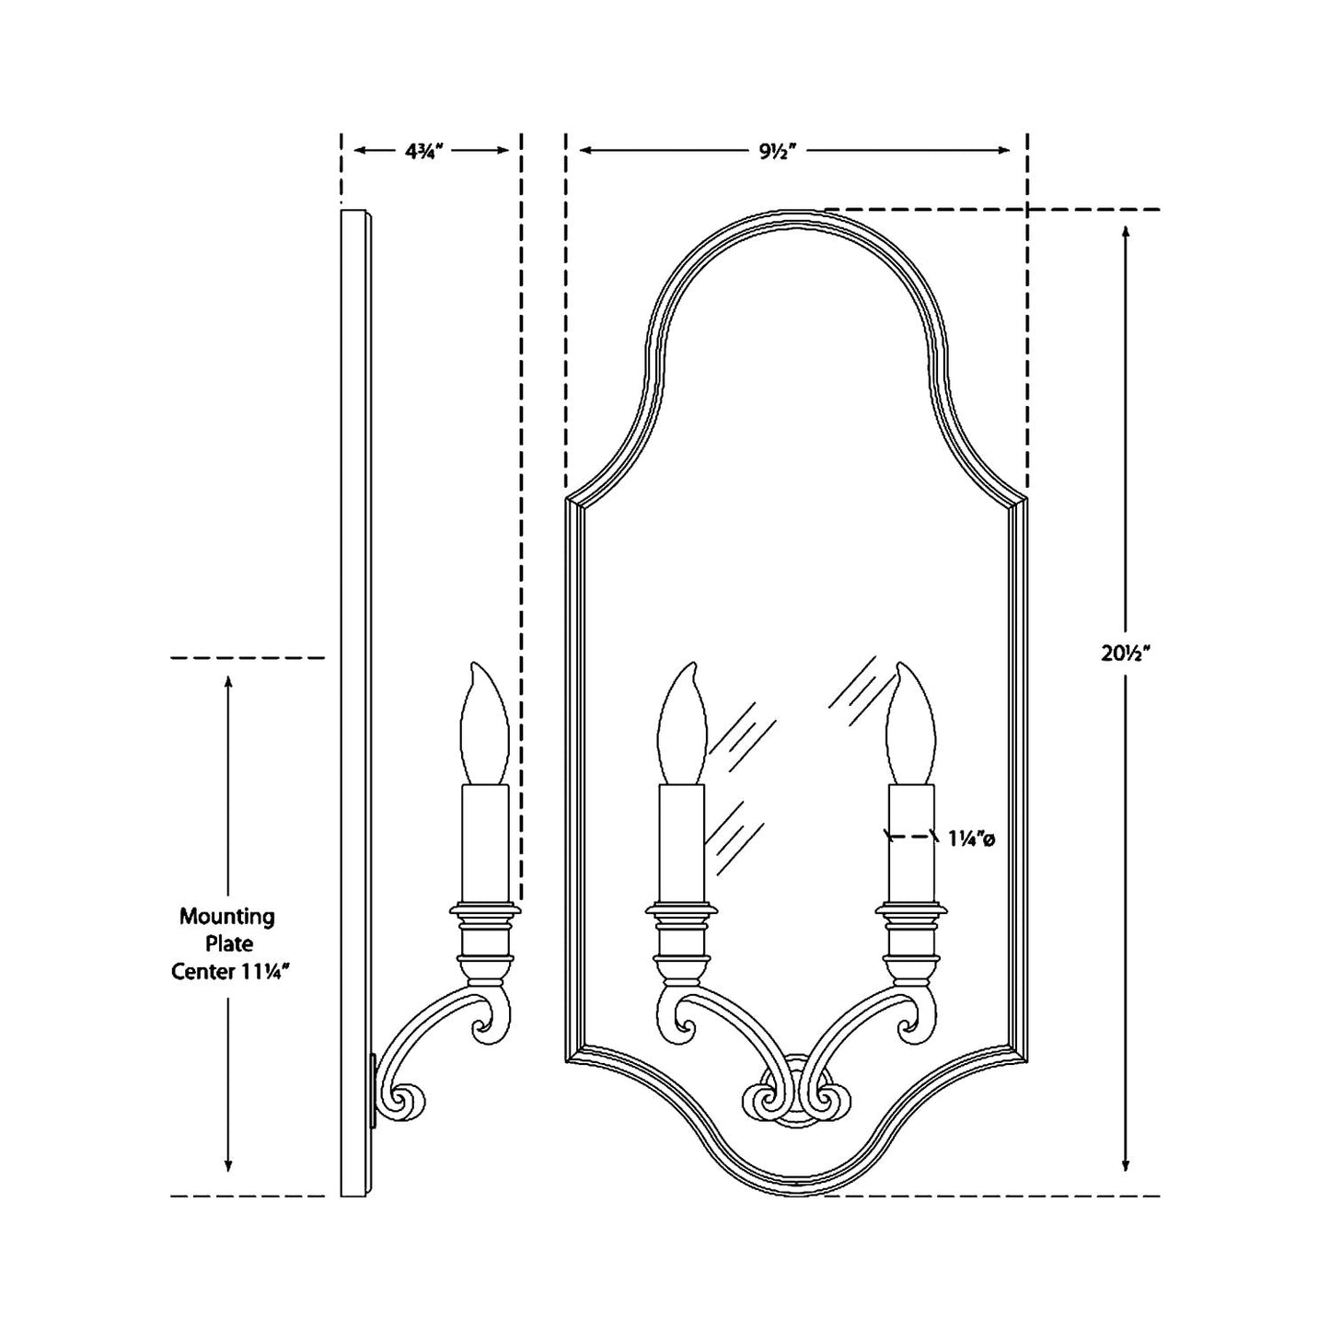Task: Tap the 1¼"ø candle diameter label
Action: click(971, 838)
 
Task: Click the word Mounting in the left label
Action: click(226, 917)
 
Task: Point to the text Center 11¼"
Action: click(226, 972)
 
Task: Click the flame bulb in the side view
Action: click(483, 723)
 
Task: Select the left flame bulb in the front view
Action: click(682, 723)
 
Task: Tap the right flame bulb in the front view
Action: click(910, 723)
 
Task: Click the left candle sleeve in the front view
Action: click(681, 842)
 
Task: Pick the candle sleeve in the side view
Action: click(484, 842)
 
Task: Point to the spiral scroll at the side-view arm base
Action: click(408, 1100)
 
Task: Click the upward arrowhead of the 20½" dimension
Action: click(1126, 232)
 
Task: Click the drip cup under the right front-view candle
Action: click(911, 910)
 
